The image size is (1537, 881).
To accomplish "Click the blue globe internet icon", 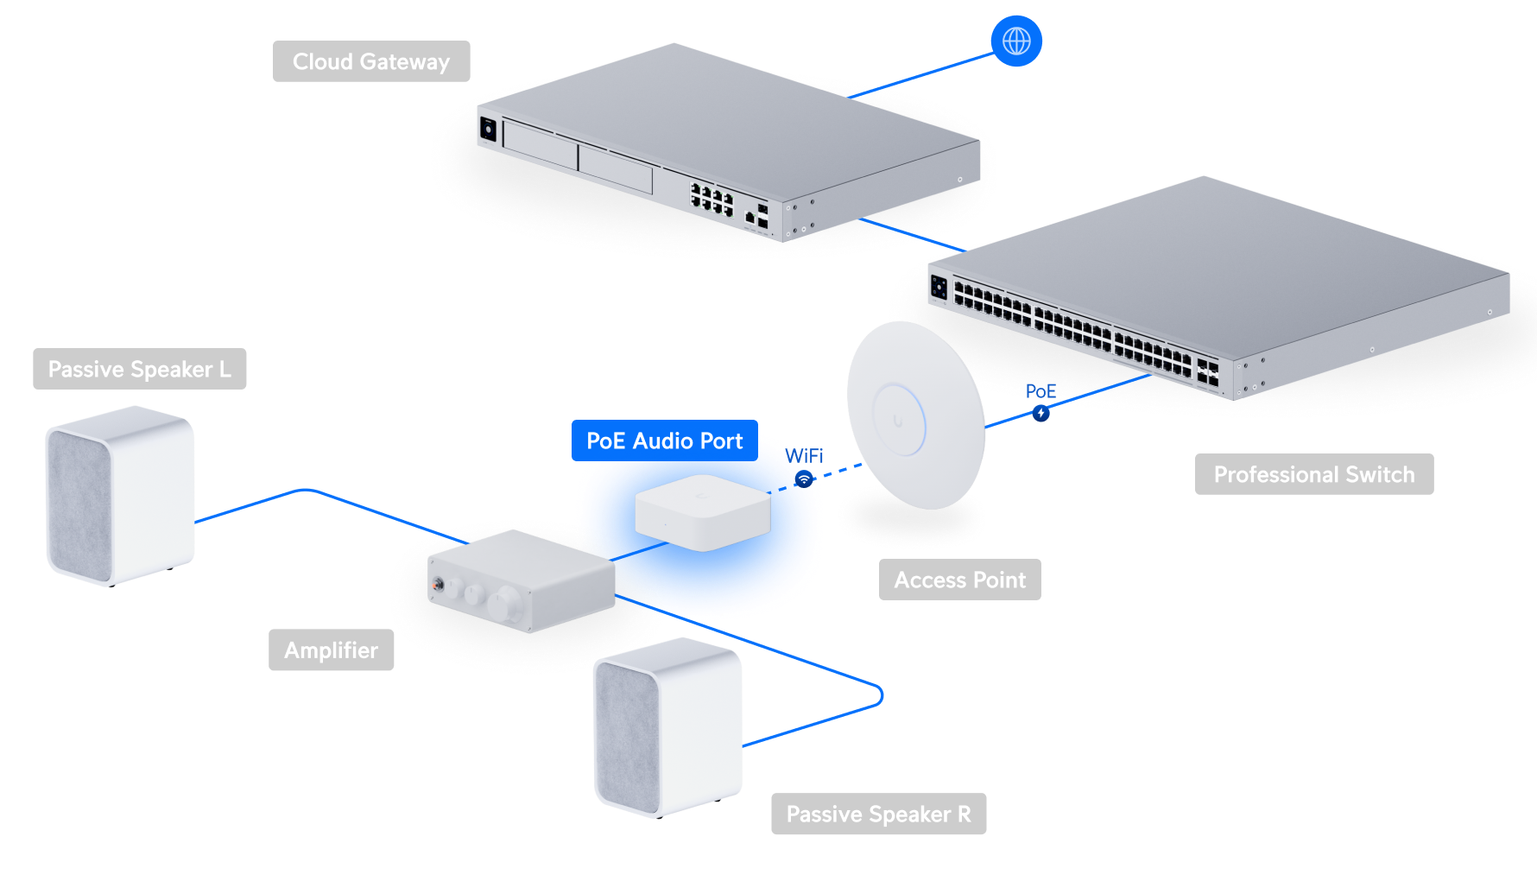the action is [x=1016, y=41].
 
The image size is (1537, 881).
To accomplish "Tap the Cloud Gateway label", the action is [x=371, y=61].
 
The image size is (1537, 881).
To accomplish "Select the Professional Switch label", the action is [x=1314, y=474].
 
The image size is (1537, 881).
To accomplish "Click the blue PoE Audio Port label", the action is [x=665, y=440].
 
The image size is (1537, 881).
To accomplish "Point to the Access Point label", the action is [x=960, y=580].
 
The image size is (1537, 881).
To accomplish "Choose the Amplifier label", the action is [x=332, y=650].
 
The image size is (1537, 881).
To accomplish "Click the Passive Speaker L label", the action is [x=140, y=369].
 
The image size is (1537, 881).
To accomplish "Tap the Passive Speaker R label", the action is [x=879, y=814].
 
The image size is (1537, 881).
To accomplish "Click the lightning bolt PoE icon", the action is [x=1041, y=414].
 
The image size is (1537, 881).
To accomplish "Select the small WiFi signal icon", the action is [x=804, y=479].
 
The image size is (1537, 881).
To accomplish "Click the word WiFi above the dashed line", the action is [x=804, y=455].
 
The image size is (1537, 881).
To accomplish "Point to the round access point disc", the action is [x=916, y=415].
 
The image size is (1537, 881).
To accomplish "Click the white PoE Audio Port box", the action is [x=703, y=512].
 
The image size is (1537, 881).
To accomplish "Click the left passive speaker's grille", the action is [x=79, y=505].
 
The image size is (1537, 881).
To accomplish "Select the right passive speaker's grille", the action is [x=628, y=737].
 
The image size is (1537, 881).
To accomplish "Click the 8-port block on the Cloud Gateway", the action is [x=712, y=199].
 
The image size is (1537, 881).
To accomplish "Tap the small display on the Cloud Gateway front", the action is [x=489, y=130].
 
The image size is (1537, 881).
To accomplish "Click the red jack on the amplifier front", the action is [x=439, y=586].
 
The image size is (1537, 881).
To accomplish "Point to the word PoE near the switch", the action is [x=1040, y=391].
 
